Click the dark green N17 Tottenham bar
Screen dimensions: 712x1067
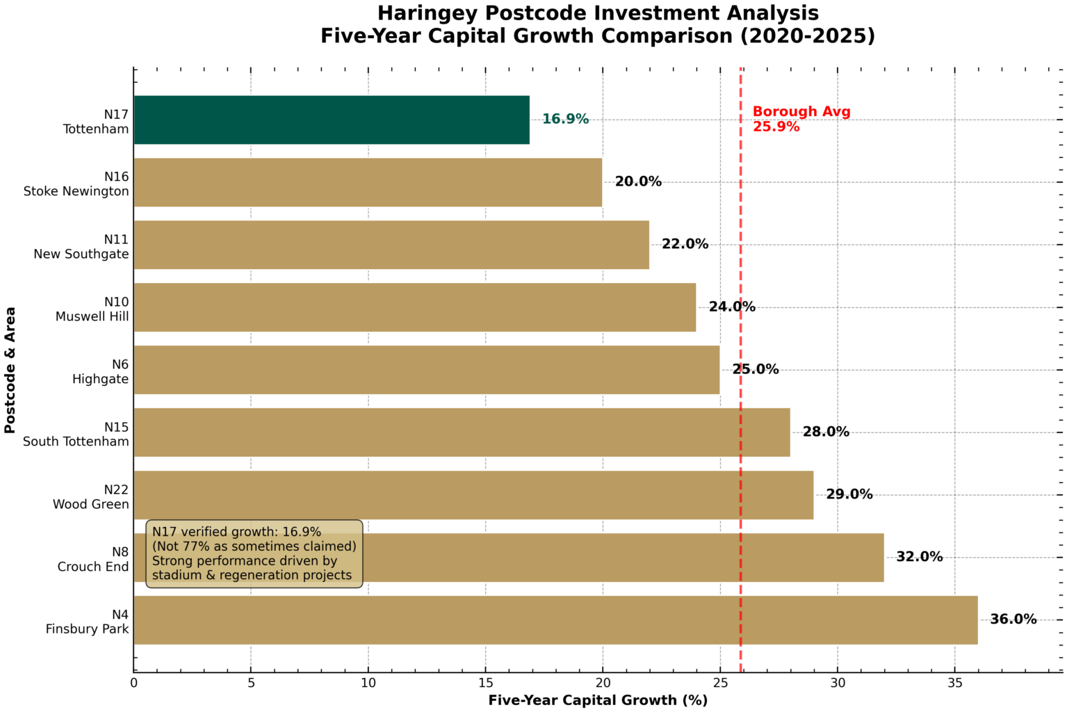[331, 120]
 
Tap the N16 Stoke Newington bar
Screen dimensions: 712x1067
[367, 182]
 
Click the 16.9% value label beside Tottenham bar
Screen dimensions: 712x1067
[565, 119]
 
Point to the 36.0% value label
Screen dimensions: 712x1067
[1013, 619]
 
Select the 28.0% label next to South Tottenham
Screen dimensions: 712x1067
[826, 432]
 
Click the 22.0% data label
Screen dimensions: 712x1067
[685, 244]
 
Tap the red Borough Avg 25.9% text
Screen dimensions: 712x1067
[801, 119]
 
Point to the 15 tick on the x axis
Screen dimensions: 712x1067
[485, 683]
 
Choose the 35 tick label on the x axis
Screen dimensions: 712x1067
[954, 683]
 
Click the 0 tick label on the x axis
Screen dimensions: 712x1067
[134, 683]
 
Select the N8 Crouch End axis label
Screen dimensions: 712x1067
[93, 559]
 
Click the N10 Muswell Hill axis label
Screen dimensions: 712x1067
[92, 309]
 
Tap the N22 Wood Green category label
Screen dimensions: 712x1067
[91, 497]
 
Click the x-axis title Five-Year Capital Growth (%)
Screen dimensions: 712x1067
[598, 700]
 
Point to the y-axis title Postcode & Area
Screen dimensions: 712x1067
[10, 370]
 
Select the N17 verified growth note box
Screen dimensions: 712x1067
[254, 553]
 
